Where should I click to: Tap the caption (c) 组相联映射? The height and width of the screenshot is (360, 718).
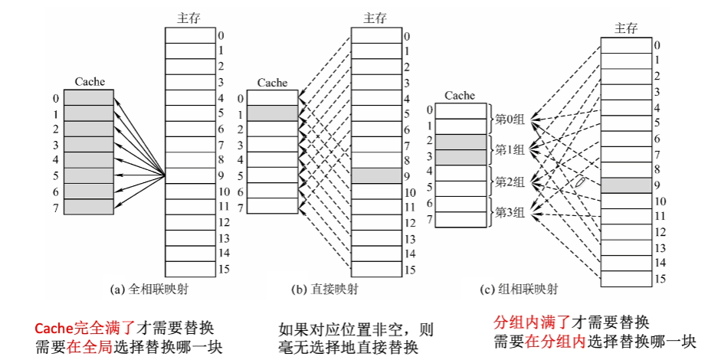tap(519, 290)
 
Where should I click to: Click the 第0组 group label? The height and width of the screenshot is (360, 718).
tap(509, 119)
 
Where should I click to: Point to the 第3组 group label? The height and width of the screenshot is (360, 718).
tap(509, 211)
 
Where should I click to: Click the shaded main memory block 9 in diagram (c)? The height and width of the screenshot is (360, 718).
tap(625, 185)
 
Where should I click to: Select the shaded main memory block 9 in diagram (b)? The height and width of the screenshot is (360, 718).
tap(375, 175)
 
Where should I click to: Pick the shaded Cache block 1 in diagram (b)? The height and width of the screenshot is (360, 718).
tap(273, 113)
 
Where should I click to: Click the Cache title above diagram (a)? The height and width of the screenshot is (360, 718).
tap(90, 82)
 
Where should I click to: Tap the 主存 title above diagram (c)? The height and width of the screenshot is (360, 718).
tap(626, 28)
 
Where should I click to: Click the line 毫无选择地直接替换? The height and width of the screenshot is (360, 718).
tap(348, 347)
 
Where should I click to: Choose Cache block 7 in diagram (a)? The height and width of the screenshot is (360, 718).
tap(88, 207)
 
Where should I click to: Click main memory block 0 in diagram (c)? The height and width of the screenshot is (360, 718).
tap(625, 44)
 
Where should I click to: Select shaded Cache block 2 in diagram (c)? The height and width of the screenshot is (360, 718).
tap(460, 142)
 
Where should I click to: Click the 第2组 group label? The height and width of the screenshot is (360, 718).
tap(509, 182)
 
